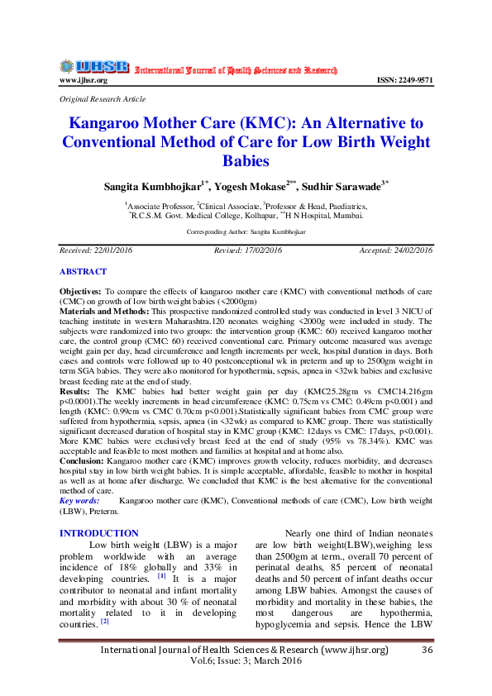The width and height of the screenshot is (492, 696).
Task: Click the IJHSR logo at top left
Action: coord(93,66)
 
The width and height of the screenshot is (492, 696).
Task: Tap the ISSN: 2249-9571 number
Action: coord(404,80)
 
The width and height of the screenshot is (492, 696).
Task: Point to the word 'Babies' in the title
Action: coord(246,160)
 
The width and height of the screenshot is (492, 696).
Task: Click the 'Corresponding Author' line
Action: coord(246,234)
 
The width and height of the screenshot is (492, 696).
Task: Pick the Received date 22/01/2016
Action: coord(96,250)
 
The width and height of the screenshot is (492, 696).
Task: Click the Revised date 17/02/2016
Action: coord(247,250)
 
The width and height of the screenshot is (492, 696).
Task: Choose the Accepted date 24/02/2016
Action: coord(395,250)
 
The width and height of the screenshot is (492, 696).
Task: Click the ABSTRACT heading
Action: coord(83,271)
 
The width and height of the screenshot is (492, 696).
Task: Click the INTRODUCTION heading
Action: coord(99,533)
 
